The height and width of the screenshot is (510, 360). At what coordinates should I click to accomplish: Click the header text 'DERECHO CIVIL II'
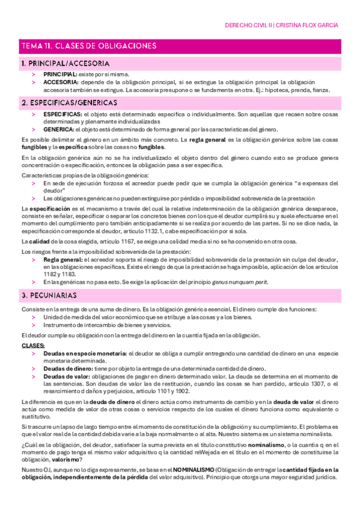(248, 25)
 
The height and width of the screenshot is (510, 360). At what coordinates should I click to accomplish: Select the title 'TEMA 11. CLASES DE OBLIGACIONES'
(89, 46)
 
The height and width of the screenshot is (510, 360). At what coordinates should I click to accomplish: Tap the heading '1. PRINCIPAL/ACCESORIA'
(66, 63)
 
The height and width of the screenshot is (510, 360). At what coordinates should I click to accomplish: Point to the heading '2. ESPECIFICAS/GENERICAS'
(70, 103)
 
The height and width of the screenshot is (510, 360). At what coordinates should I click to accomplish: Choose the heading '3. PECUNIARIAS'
(49, 296)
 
